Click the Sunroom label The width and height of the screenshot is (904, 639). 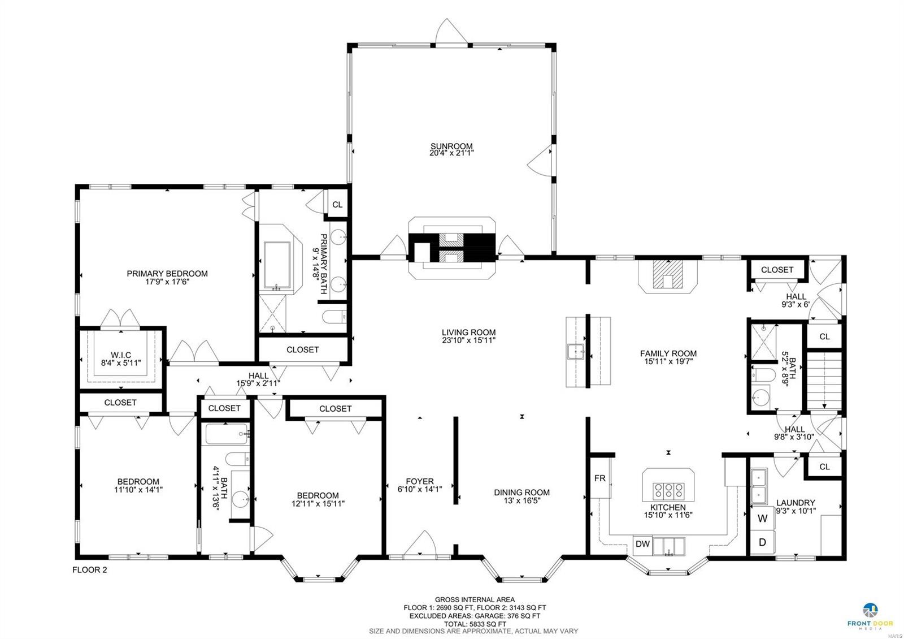tap(451, 146)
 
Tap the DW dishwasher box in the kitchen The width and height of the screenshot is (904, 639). tap(642, 544)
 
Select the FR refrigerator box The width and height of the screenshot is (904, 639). tap(599, 478)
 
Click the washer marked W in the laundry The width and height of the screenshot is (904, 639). tap(762, 518)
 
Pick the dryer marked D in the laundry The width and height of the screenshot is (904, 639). tap(762, 542)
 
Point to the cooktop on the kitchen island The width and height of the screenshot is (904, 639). tap(668, 489)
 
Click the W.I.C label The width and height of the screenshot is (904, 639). tap(120, 355)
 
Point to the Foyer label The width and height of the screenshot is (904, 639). tap(419, 481)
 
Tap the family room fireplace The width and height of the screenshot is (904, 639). tap(668, 277)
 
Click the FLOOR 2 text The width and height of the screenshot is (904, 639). tap(89, 570)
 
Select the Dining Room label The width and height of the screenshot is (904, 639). tap(521, 493)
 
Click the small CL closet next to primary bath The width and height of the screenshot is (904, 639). tap(337, 205)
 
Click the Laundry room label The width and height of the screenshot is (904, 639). tap(795, 503)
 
